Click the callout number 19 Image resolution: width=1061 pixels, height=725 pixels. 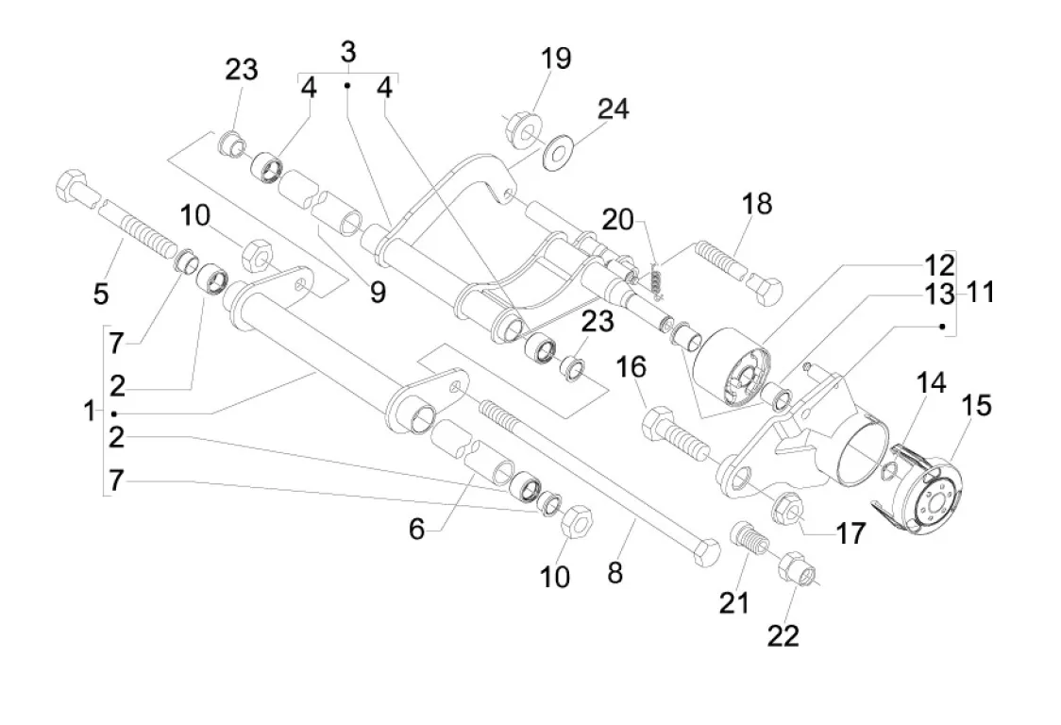pos(556,59)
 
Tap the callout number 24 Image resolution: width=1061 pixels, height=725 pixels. pos(612,110)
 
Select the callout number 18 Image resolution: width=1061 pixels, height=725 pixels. pos(756,203)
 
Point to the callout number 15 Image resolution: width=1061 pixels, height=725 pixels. pos(976,407)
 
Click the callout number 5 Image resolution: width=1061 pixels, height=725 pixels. pos(101,294)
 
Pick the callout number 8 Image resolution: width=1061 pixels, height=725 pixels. pos(615,573)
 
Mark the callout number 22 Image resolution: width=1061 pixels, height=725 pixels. pos(783,635)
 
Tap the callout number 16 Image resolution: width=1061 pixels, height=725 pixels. pos(632,366)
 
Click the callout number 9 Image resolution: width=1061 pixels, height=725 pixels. pos(378,293)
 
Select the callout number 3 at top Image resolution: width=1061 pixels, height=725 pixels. pos(348,52)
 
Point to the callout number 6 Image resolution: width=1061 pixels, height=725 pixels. pos(416,530)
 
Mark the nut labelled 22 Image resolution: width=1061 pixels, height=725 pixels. pos(795,569)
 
